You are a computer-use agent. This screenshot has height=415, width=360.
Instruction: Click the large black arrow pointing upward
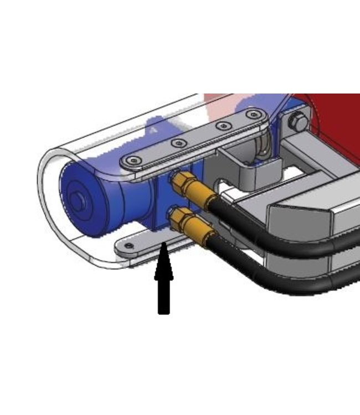[x=163, y=282]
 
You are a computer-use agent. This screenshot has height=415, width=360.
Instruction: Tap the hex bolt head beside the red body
[x=299, y=122]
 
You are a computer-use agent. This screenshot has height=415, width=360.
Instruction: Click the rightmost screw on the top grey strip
[x=254, y=115]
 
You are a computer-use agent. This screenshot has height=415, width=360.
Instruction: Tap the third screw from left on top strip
[x=223, y=126]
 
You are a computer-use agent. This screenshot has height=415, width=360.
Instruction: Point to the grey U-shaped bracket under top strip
[x=244, y=166]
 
